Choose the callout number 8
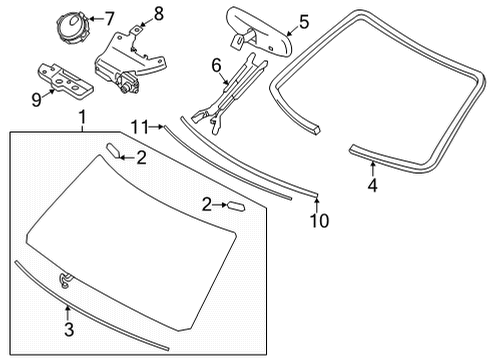(x=157, y=13)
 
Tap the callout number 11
(x=143, y=126)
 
